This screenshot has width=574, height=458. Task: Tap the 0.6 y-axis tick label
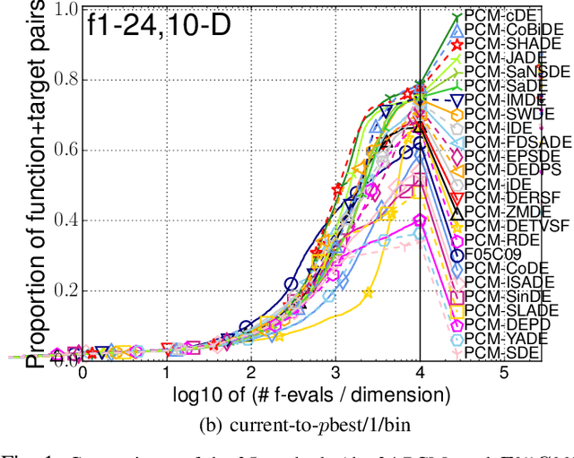pyautogui.click(x=63, y=150)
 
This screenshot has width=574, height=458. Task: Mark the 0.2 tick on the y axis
pyautogui.click(x=63, y=289)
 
